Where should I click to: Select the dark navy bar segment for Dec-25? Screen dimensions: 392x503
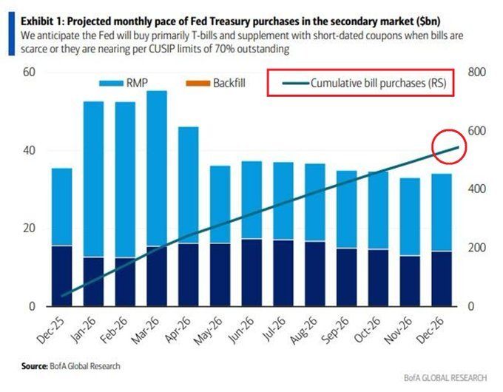(x=61, y=275)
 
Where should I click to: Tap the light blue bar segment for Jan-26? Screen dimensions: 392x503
(x=93, y=178)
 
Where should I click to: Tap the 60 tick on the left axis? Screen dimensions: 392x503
(x=29, y=72)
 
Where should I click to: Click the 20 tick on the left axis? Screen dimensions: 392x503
(x=29, y=228)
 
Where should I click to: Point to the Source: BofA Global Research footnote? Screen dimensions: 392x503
(x=70, y=365)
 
